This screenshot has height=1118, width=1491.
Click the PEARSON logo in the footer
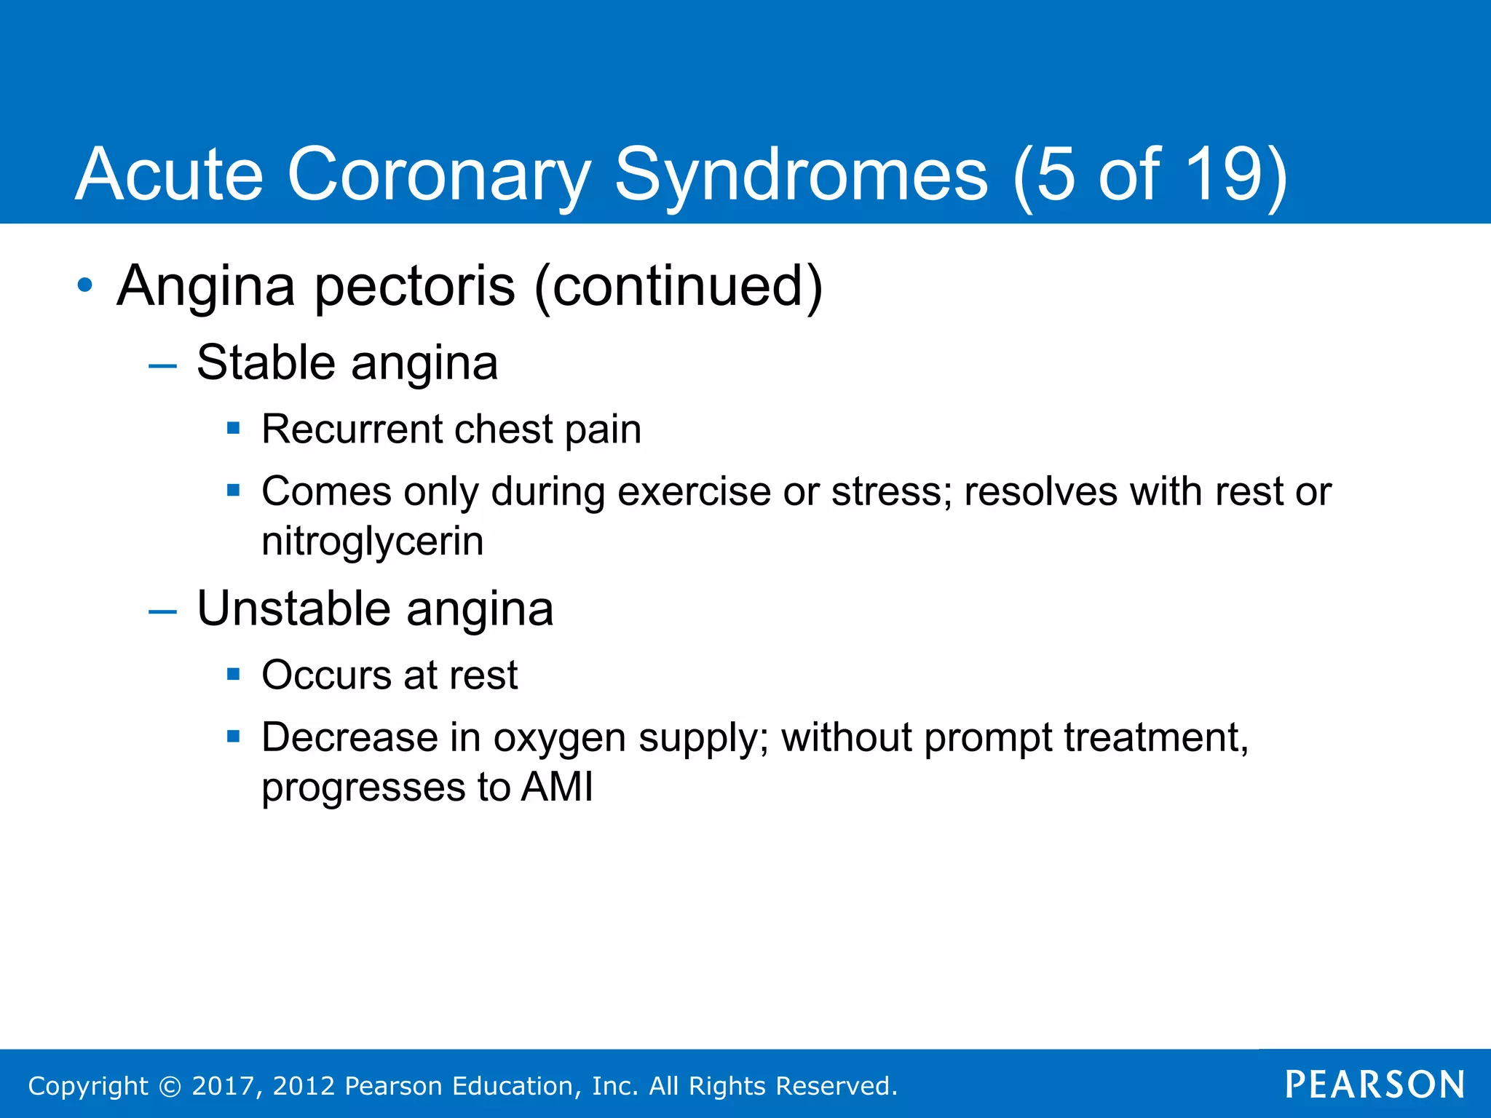1375,1085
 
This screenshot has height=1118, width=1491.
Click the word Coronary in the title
439,175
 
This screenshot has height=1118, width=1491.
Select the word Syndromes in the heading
802,175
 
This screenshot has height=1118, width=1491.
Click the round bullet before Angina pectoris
85,285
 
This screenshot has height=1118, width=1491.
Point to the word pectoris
415,287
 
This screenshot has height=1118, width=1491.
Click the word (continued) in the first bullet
679,287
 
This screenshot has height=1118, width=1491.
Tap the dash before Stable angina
162,365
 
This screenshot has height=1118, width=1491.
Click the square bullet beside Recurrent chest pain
234,428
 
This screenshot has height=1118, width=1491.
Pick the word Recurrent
352,429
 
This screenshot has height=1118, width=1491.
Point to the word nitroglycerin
373,542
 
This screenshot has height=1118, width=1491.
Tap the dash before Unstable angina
162,611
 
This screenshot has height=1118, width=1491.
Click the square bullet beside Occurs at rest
234,674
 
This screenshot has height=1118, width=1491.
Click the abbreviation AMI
557,788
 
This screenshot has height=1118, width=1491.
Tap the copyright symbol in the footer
170,1087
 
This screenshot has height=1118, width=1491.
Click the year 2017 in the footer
223,1086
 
